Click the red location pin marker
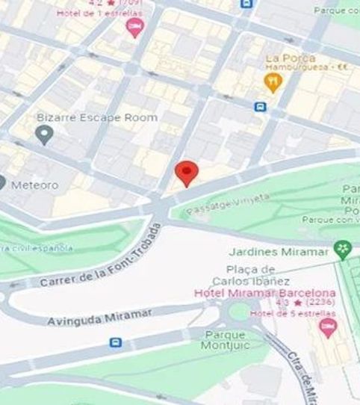(x=186, y=173)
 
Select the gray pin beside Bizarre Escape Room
(x=44, y=135)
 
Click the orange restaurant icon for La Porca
(x=274, y=81)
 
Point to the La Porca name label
(x=290, y=58)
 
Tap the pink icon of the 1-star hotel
(x=135, y=28)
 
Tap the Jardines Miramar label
(x=286, y=251)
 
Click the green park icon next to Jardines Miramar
(x=343, y=250)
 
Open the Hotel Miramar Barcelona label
(x=264, y=292)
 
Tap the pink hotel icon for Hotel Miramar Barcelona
(x=326, y=326)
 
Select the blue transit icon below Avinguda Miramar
(x=115, y=342)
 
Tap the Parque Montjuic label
(x=223, y=340)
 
